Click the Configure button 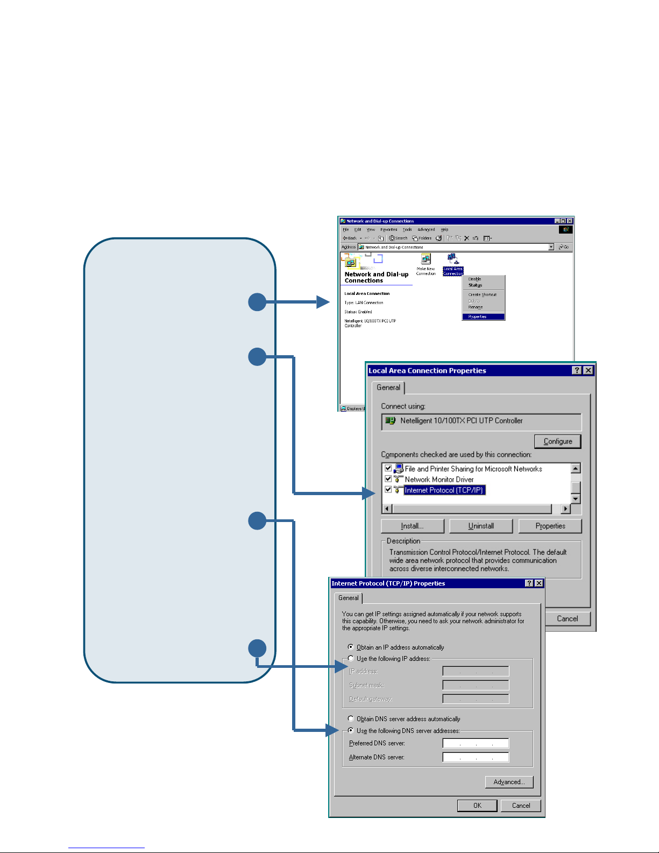[557, 441]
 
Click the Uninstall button [480, 526]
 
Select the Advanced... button [508, 782]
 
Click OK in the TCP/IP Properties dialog [477, 806]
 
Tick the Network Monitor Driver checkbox [388, 479]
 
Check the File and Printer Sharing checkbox [388, 468]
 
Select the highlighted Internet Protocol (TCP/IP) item [444, 490]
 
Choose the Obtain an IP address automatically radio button [351, 647]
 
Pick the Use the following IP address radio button [351, 658]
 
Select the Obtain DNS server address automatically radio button [351, 718]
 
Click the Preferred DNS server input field [476, 743]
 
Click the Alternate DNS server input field [476, 757]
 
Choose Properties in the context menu [483, 317]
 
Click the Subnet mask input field [476, 685]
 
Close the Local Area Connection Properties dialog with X [588, 370]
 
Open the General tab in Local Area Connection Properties [388, 387]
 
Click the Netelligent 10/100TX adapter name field [481, 421]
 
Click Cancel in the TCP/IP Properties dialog [520, 806]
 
